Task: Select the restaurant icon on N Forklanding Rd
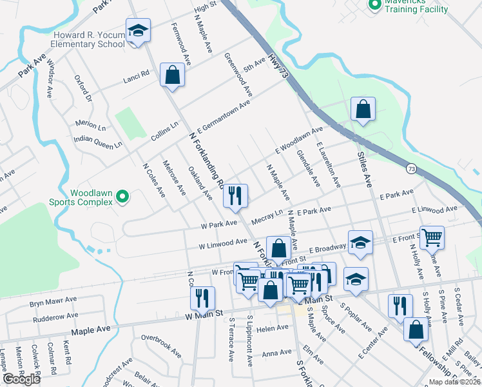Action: [235, 195]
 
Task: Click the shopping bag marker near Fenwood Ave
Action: [173, 75]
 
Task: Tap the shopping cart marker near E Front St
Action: [431, 237]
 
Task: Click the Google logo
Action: [21, 379]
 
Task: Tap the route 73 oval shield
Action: [410, 168]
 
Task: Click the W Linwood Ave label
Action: [223, 243]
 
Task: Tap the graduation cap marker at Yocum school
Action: [137, 31]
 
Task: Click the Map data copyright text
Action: [454, 382]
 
